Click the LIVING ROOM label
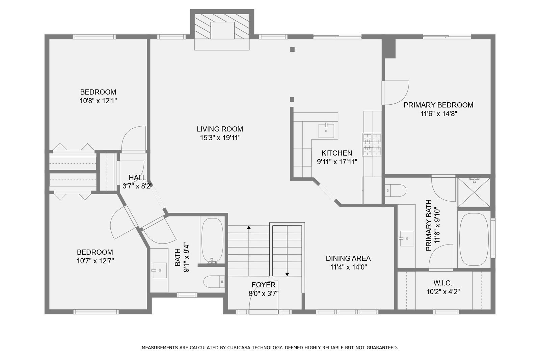pos(220,129)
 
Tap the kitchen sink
pos(326,131)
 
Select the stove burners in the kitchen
pos(372,144)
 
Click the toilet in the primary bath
pos(396,190)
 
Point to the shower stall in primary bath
pos(474,192)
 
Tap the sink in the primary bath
pos(407,238)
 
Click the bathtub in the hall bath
pos(212,240)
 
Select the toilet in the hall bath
pos(214,282)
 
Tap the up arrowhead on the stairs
pos(249,227)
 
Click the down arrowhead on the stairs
pos(287,274)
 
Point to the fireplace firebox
pos(222,30)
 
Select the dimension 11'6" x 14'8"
pos(438,114)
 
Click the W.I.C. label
pos(443,283)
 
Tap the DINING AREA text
pos(348,258)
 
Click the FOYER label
pos(264,285)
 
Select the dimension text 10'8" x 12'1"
pos(98,101)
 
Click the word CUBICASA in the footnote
pos(238,348)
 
